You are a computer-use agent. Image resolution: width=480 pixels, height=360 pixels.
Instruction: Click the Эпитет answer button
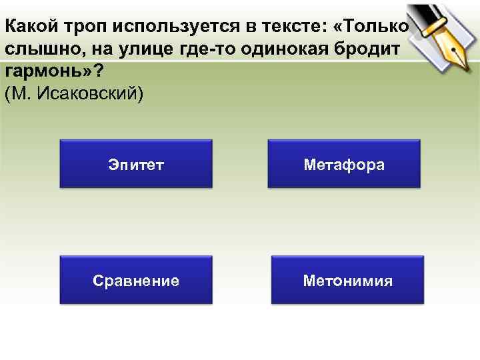(135, 164)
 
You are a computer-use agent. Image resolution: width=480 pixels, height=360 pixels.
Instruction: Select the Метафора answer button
(343, 164)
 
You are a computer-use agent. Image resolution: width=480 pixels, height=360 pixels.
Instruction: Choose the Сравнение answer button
(135, 281)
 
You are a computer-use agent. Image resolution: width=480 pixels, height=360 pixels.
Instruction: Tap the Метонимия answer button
(347, 281)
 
